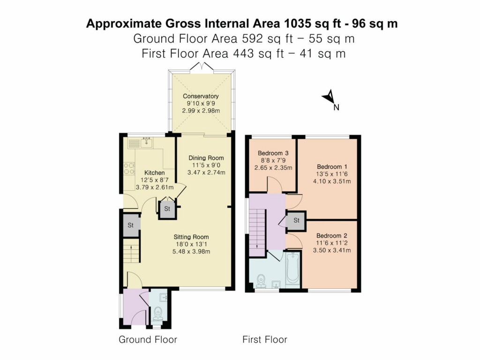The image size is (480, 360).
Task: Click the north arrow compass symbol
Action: coord(330,97)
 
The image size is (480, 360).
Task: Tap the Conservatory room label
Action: coord(201,97)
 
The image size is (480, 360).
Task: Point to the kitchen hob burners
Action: coord(128,167)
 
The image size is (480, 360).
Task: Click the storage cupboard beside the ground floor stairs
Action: coord(131,225)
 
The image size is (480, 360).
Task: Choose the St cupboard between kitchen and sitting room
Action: coord(167,209)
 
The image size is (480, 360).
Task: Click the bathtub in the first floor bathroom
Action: coord(292,268)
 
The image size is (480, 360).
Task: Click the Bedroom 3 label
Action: coord(273,153)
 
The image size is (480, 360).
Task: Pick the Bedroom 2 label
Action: coord(332,235)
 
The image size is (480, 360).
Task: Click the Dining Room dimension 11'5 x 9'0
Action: coord(206,165)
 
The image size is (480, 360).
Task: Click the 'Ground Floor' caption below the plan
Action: coord(148,339)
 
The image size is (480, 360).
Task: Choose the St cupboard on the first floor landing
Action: coord(296,220)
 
